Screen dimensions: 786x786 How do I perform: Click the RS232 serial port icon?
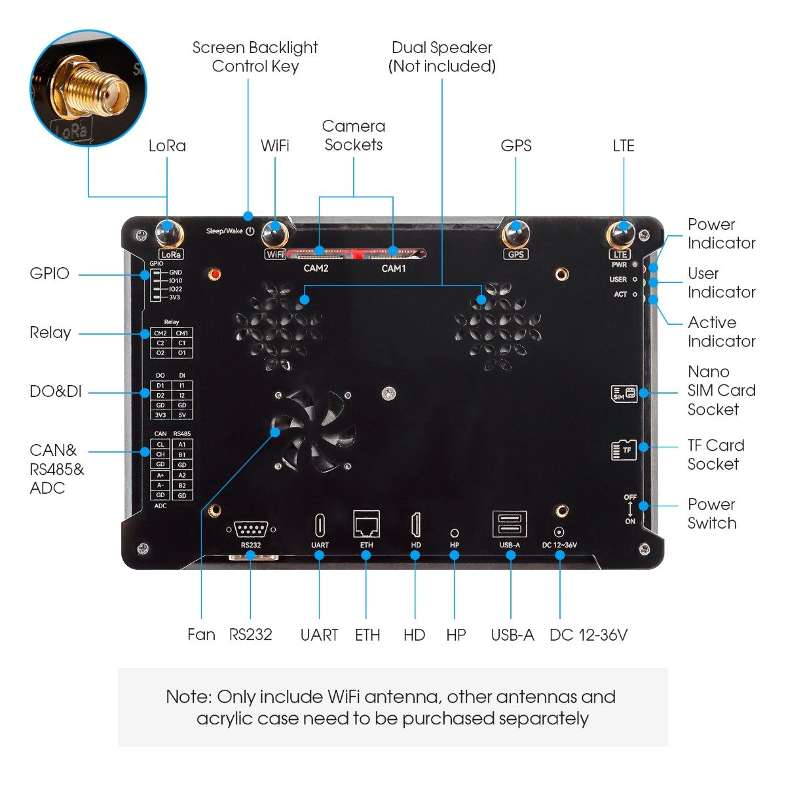(251, 529)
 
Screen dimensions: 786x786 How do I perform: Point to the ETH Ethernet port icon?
(366, 524)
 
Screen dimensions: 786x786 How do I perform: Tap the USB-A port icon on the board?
(510, 525)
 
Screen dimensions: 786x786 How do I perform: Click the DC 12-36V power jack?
(559, 533)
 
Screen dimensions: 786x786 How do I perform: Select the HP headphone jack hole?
(455, 533)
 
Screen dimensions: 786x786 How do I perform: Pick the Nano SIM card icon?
(624, 393)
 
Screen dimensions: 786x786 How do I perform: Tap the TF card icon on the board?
(624, 449)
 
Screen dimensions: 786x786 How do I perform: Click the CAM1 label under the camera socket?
(394, 268)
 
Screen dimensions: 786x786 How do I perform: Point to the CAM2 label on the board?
(316, 268)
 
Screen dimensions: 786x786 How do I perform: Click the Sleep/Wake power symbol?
(250, 231)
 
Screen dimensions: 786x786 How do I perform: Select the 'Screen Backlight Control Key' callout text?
(255, 57)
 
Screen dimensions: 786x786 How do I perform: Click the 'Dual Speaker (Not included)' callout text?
(442, 57)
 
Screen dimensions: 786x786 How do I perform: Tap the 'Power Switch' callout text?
(712, 514)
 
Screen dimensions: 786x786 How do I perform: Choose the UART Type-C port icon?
(320, 525)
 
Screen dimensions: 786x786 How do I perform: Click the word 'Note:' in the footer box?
(189, 696)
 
